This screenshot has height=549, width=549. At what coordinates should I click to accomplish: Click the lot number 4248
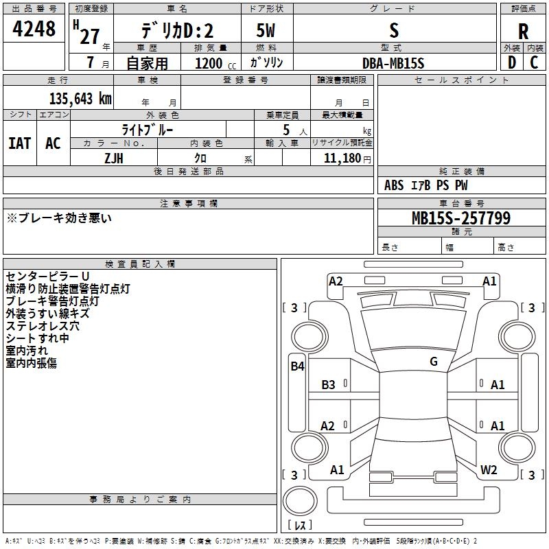[34, 28]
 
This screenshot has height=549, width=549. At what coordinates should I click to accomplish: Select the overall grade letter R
[523, 32]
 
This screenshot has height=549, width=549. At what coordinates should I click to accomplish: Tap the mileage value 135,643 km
[80, 99]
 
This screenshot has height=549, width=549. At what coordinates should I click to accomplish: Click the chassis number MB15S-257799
[461, 218]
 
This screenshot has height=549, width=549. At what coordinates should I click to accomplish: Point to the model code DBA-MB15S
[393, 63]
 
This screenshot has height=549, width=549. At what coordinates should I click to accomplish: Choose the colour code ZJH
[114, 159]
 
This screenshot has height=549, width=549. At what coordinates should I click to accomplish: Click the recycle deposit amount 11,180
[342, 158]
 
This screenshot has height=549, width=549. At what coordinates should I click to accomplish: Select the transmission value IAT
[20, 143]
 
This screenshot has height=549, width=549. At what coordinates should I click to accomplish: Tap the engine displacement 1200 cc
[215, 63]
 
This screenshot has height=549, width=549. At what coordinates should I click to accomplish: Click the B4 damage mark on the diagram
[297, 366]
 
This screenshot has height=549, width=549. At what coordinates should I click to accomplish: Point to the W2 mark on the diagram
[489, 469]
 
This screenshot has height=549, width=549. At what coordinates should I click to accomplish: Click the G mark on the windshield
[434, 361]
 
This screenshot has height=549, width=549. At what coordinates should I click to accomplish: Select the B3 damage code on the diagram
[328, 384]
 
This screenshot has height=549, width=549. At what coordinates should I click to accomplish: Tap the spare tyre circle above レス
[300, 500]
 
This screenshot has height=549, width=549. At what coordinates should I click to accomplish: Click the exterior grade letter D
[511, 62]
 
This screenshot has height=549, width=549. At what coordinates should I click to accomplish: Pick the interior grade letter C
[534, 62]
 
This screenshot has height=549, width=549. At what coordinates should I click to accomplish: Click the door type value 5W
[266, 30]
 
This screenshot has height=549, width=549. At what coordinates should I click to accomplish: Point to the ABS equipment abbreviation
[394, 185]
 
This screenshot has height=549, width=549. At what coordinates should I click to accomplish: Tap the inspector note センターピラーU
[47, 277]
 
